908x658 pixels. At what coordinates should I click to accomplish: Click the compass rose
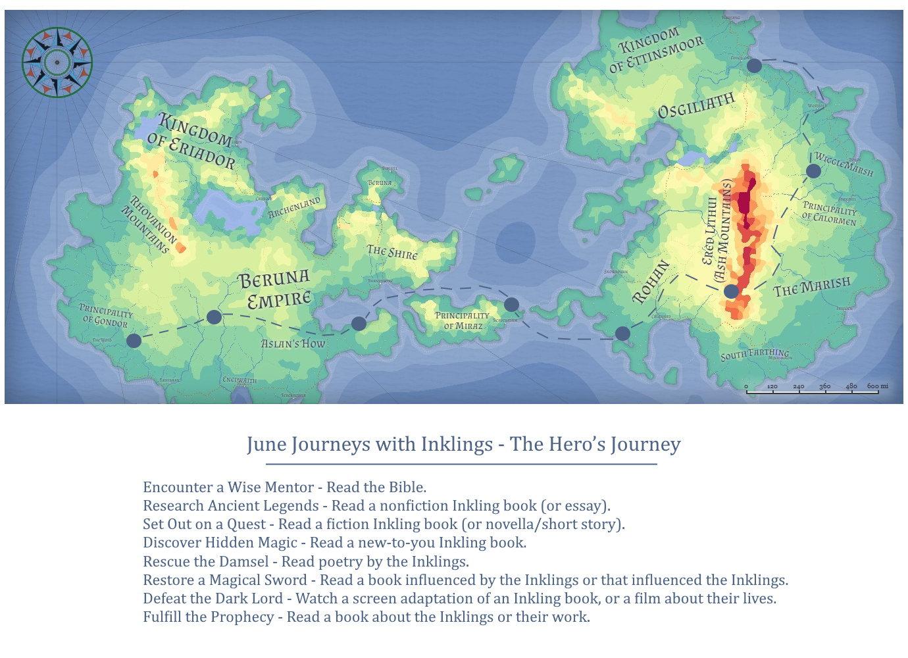pyautogui.click(x=57, y=63)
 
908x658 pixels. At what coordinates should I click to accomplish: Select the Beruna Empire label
pyautogui.click(x=275, y=290)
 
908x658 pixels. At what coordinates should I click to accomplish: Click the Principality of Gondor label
pyautogui.click(x=105, y=315)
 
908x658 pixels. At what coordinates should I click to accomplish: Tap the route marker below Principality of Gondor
pyautogui.click(x=134, y=341)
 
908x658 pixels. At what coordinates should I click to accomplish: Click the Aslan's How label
pyautogui.click(x=293, y=343)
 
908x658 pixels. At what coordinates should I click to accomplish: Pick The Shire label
pyautogui.click(x=392, y=252)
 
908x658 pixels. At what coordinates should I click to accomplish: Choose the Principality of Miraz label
pyautogui.click(x=462, y=320)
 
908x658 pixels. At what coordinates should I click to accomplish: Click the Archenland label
pyautogui.click(x=294, y=207)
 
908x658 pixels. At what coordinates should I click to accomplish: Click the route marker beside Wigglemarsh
pyautogui.click(x=813, y=171)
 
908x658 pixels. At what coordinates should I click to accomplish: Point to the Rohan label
pyautogui.click(x=651, y=282)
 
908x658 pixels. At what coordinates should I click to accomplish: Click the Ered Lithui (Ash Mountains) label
pyautogui.click(x=717, y=230)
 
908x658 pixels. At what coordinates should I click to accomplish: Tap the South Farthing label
pyautogui.click(x=755, y=354)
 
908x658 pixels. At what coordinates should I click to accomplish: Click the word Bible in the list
pyautogui.click(x=407, y=488)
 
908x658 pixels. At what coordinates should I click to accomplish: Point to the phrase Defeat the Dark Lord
pyautogui.click(x=213, y=599)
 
